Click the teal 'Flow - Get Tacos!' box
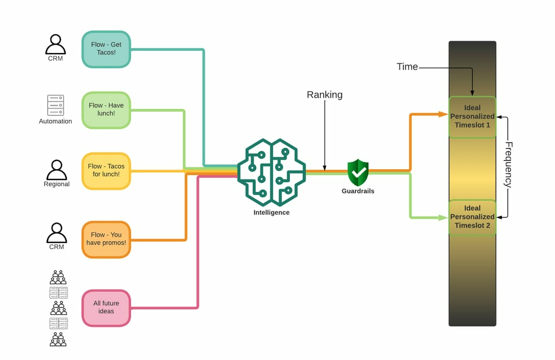pyautogui.click(x=106, y=49)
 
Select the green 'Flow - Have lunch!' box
pyautogui.click(x=106, y=110)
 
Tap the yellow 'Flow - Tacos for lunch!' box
pyautogui.click(x=106, y=171)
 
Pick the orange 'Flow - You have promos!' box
pyautogui.click(x=106, y=240)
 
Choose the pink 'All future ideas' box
pyautogui.click(x=106, y=308)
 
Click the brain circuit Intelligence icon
pyautogui.click(x=272, y=172)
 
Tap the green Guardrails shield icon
pyautogui.click(x=358, y=172)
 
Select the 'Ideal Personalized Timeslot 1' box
pyautogui.click(x=472, y=117)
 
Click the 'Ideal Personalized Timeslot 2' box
pyautogui.click(x=472, y=217)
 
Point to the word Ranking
pyautogui.click(x=325, y=95)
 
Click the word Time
pyautogui.click(x=407, y=67)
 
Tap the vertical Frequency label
pyautogui.click(x=508, y=165)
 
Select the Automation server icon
pyautogui.click(x=56, y=105)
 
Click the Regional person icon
pyautogui.click(x=56, y=170)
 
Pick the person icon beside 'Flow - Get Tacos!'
pyautogui.click(x=56, y=44)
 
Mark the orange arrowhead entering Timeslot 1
pyautogui.click(x=443, y=114)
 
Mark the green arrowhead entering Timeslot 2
pyautogui.click(x=443, y=217)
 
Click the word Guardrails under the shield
pyautogui.click(x=358, y=191)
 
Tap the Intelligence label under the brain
pyautogui.click(x=272, y=213)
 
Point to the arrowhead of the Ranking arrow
pyautogui.click(x=325, y=168)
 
